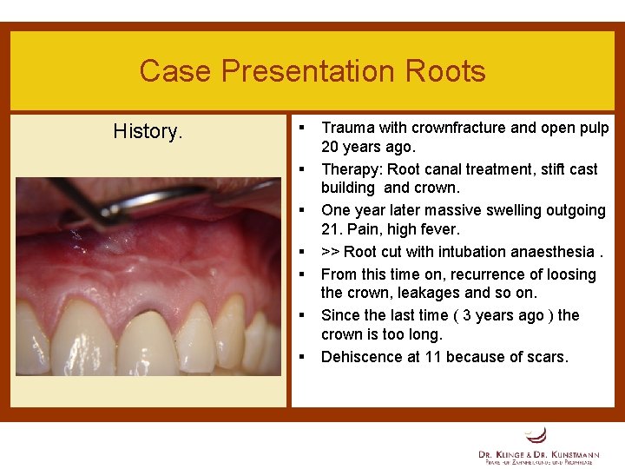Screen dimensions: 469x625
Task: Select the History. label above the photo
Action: [148, 131]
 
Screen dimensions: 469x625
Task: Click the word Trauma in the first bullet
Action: [348, 128]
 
